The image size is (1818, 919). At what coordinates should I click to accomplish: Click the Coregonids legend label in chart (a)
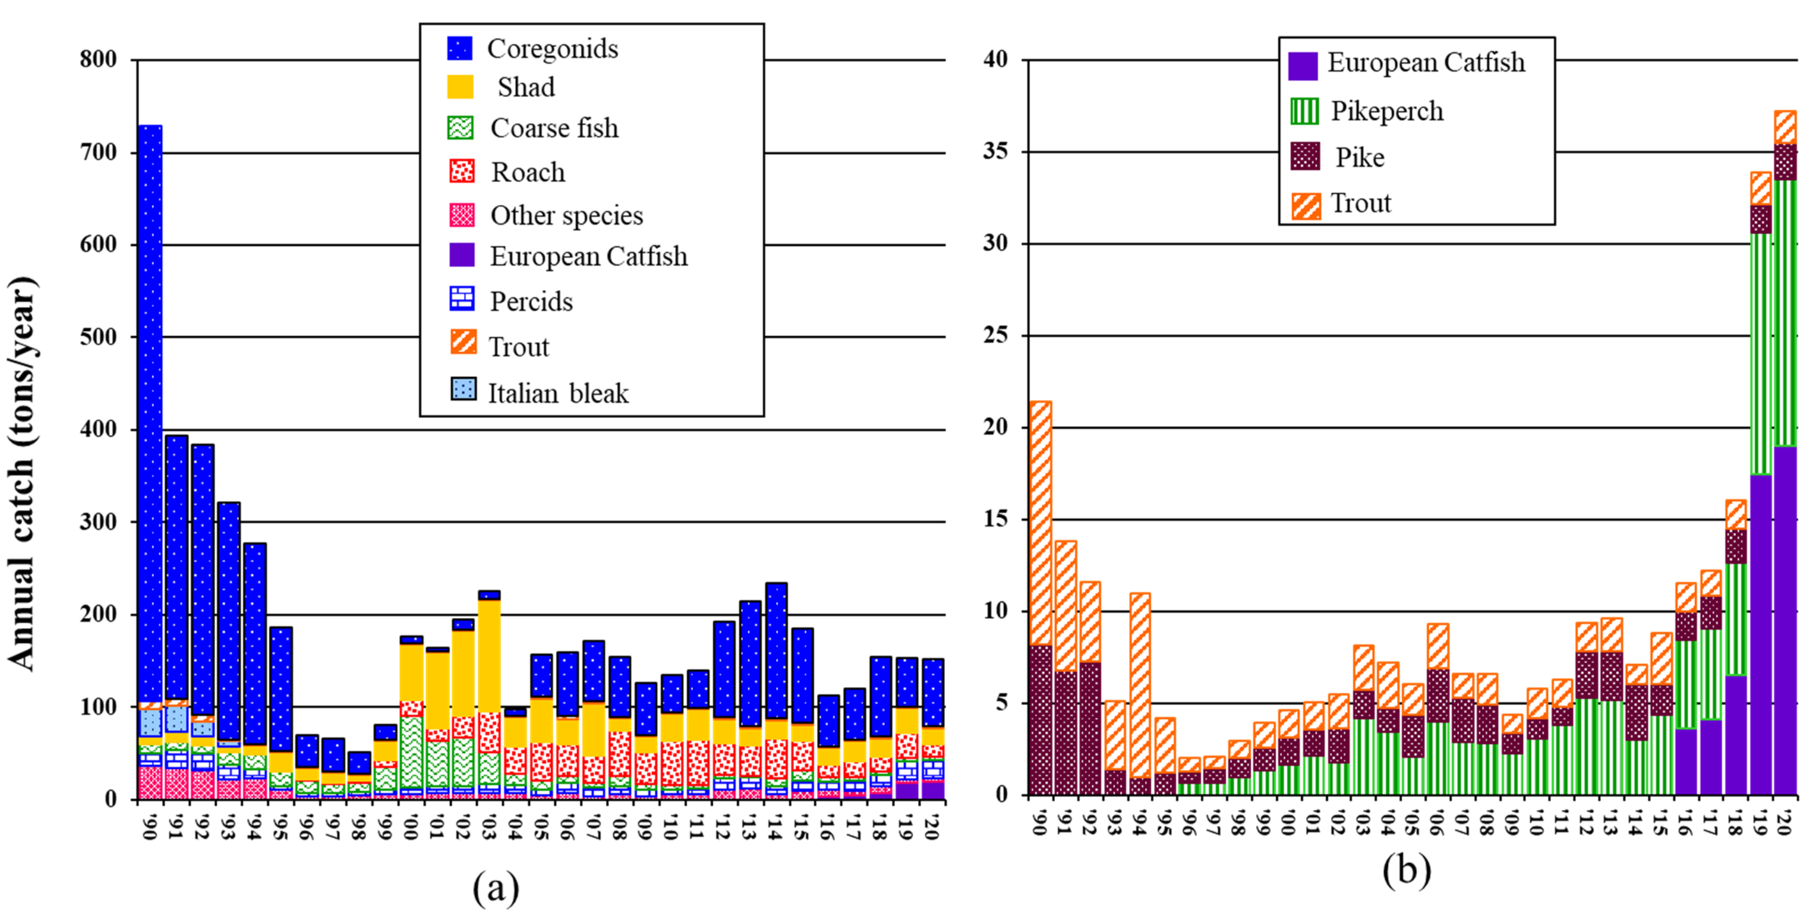tap(553, 49)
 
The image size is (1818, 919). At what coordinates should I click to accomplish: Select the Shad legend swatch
tap(460, 87)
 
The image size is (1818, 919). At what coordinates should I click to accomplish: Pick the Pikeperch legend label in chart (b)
tap(1387, 111)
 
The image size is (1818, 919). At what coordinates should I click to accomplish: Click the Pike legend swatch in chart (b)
tap(1305, 156)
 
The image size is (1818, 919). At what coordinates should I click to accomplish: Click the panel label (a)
tap(496, 887)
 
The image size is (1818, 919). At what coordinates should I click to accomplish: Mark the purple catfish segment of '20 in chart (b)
tap(1785, 620)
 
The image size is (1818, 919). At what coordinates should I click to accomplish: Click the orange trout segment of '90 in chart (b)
tap(1041, 523)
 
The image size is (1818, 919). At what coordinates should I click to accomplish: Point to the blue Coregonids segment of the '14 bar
tap(776, 651)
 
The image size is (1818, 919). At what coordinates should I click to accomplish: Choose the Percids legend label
tap(531, 301)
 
